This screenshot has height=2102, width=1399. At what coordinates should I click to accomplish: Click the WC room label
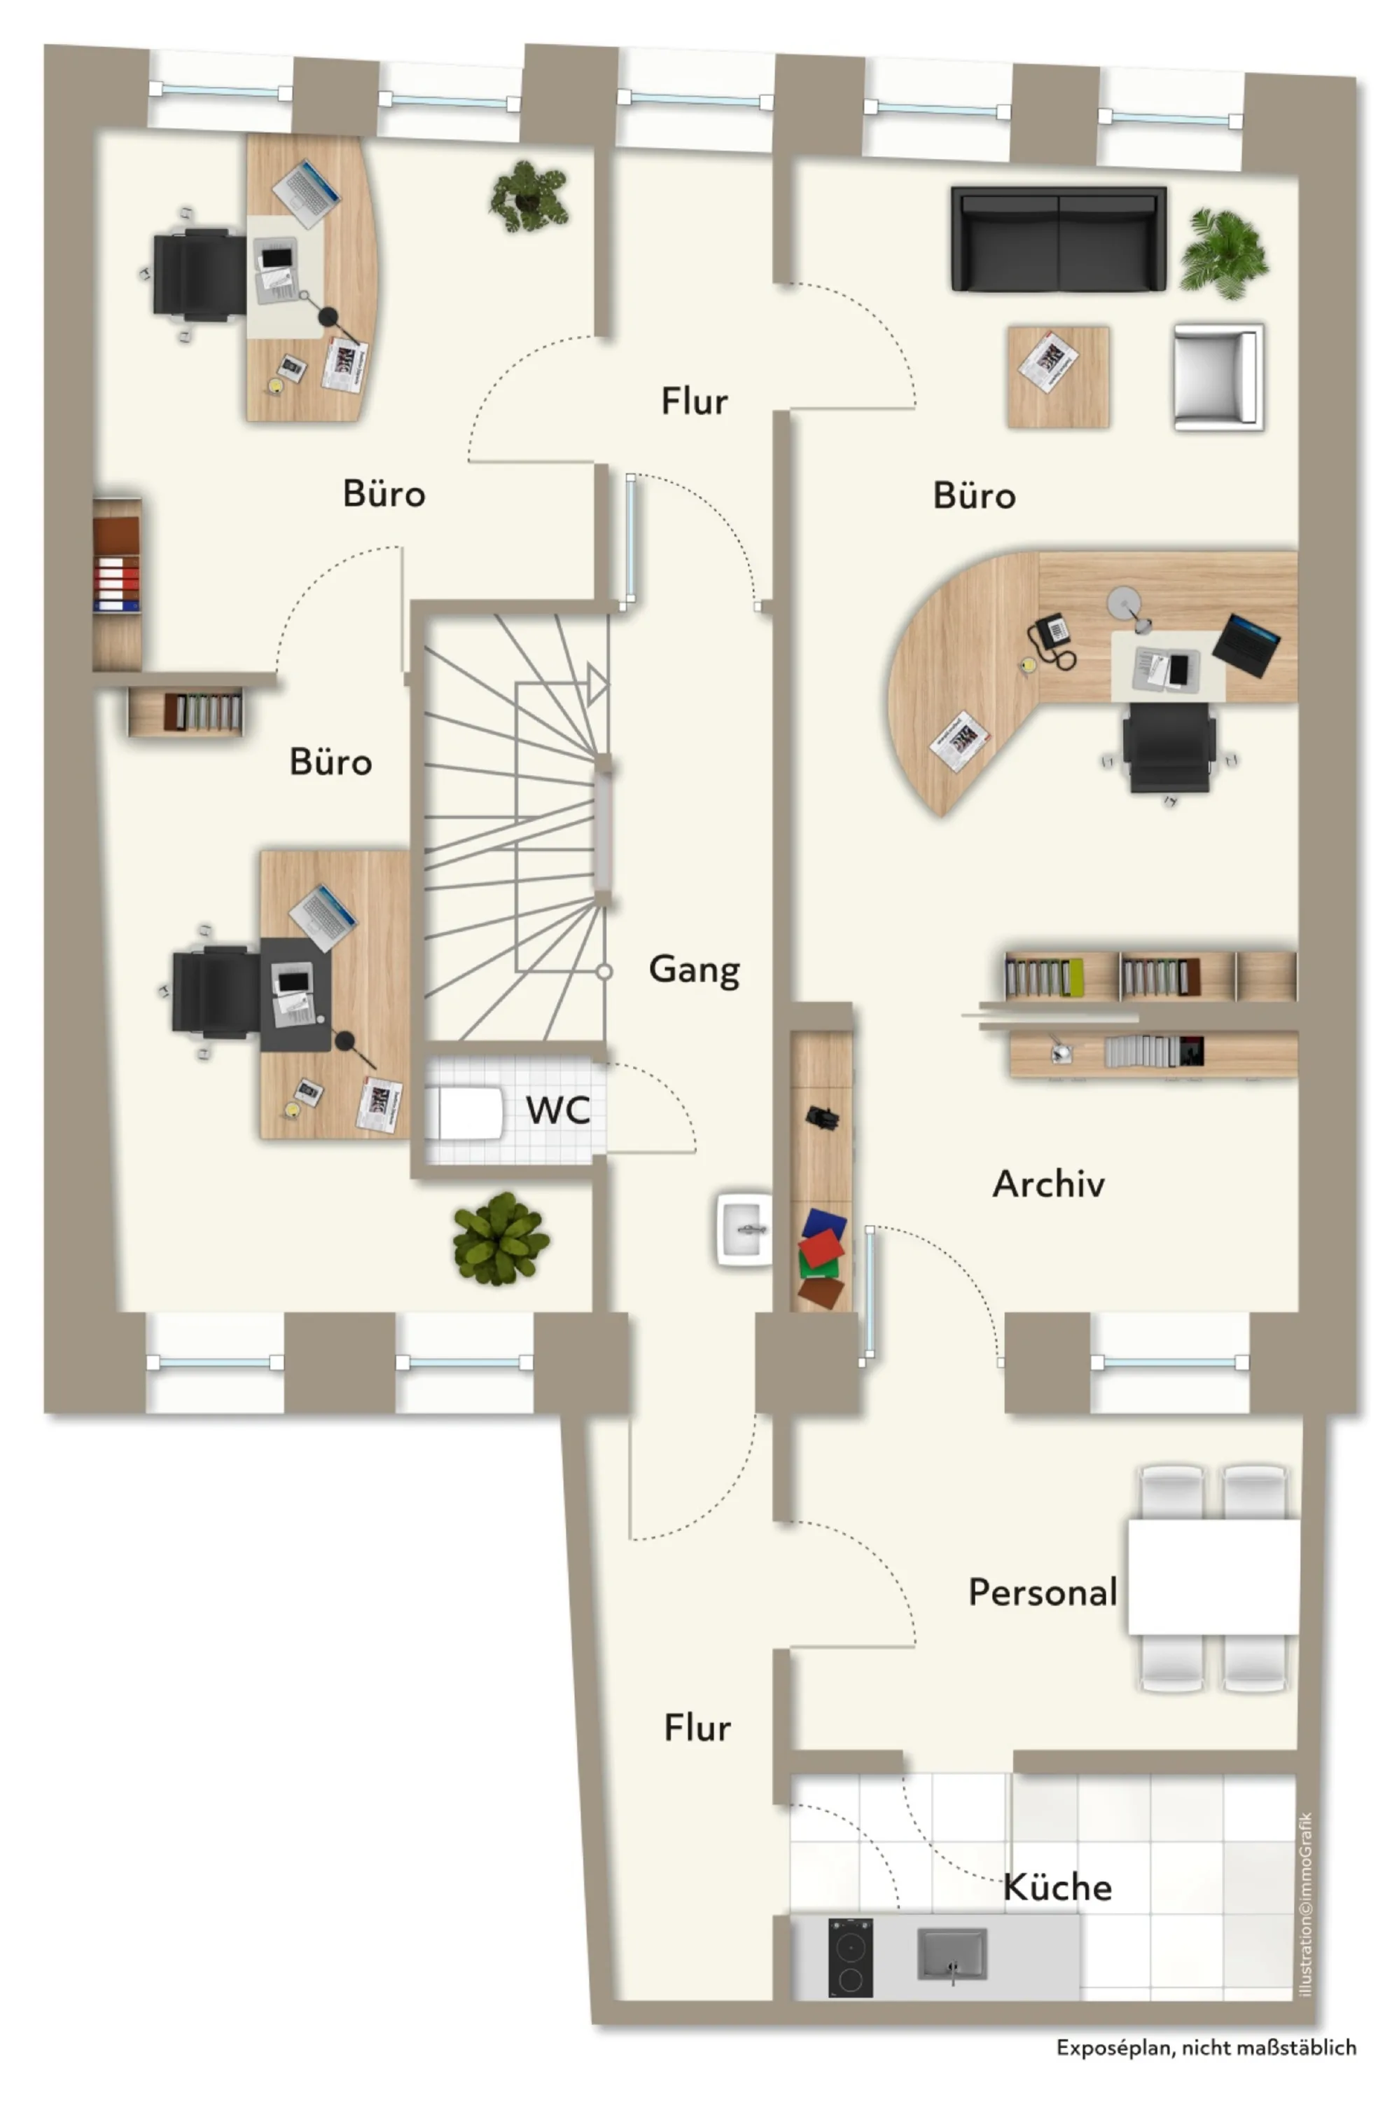(557, 1111)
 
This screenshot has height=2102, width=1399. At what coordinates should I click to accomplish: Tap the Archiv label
(1048, 1183)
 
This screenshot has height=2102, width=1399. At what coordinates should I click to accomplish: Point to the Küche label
(1057, 1887)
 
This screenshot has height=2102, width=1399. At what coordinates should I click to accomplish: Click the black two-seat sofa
(1058, 238)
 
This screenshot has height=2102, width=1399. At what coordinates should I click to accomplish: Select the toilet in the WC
(464, 1112)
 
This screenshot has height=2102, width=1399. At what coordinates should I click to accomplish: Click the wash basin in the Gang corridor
(743, 1229)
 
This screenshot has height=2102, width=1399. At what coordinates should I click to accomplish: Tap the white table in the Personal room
(1213, 1577)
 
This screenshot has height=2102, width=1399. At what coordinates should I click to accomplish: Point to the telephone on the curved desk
(1052, 640)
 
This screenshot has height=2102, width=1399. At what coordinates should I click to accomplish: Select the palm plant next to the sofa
(1223, 254)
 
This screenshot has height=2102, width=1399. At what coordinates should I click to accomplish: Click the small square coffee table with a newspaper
(1058, 377)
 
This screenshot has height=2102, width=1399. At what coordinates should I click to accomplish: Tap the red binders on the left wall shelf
(117, 583)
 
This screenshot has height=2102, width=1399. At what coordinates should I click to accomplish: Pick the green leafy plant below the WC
(501, 1238)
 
